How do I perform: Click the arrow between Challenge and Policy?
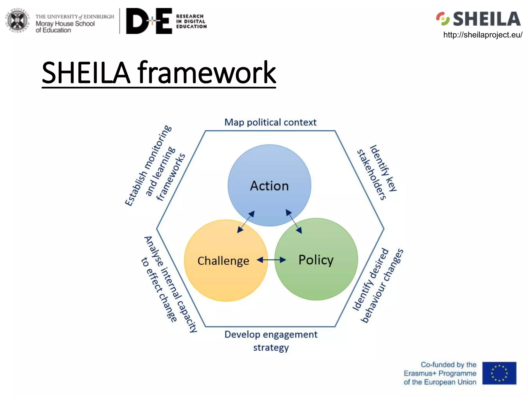(271, 260)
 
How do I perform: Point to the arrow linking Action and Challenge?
(246, 222)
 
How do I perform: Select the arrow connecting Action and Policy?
(294, 222)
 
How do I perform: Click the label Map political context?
(270, 122)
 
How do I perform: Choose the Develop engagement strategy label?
(271, 341)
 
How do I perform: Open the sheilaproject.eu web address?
(483, 35)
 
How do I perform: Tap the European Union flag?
(499, 373)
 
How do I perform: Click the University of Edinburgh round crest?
(17, 21)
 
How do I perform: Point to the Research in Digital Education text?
(191, 21)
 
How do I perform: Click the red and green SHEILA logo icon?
(443, 19)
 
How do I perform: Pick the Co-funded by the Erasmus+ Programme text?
(440, 373)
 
